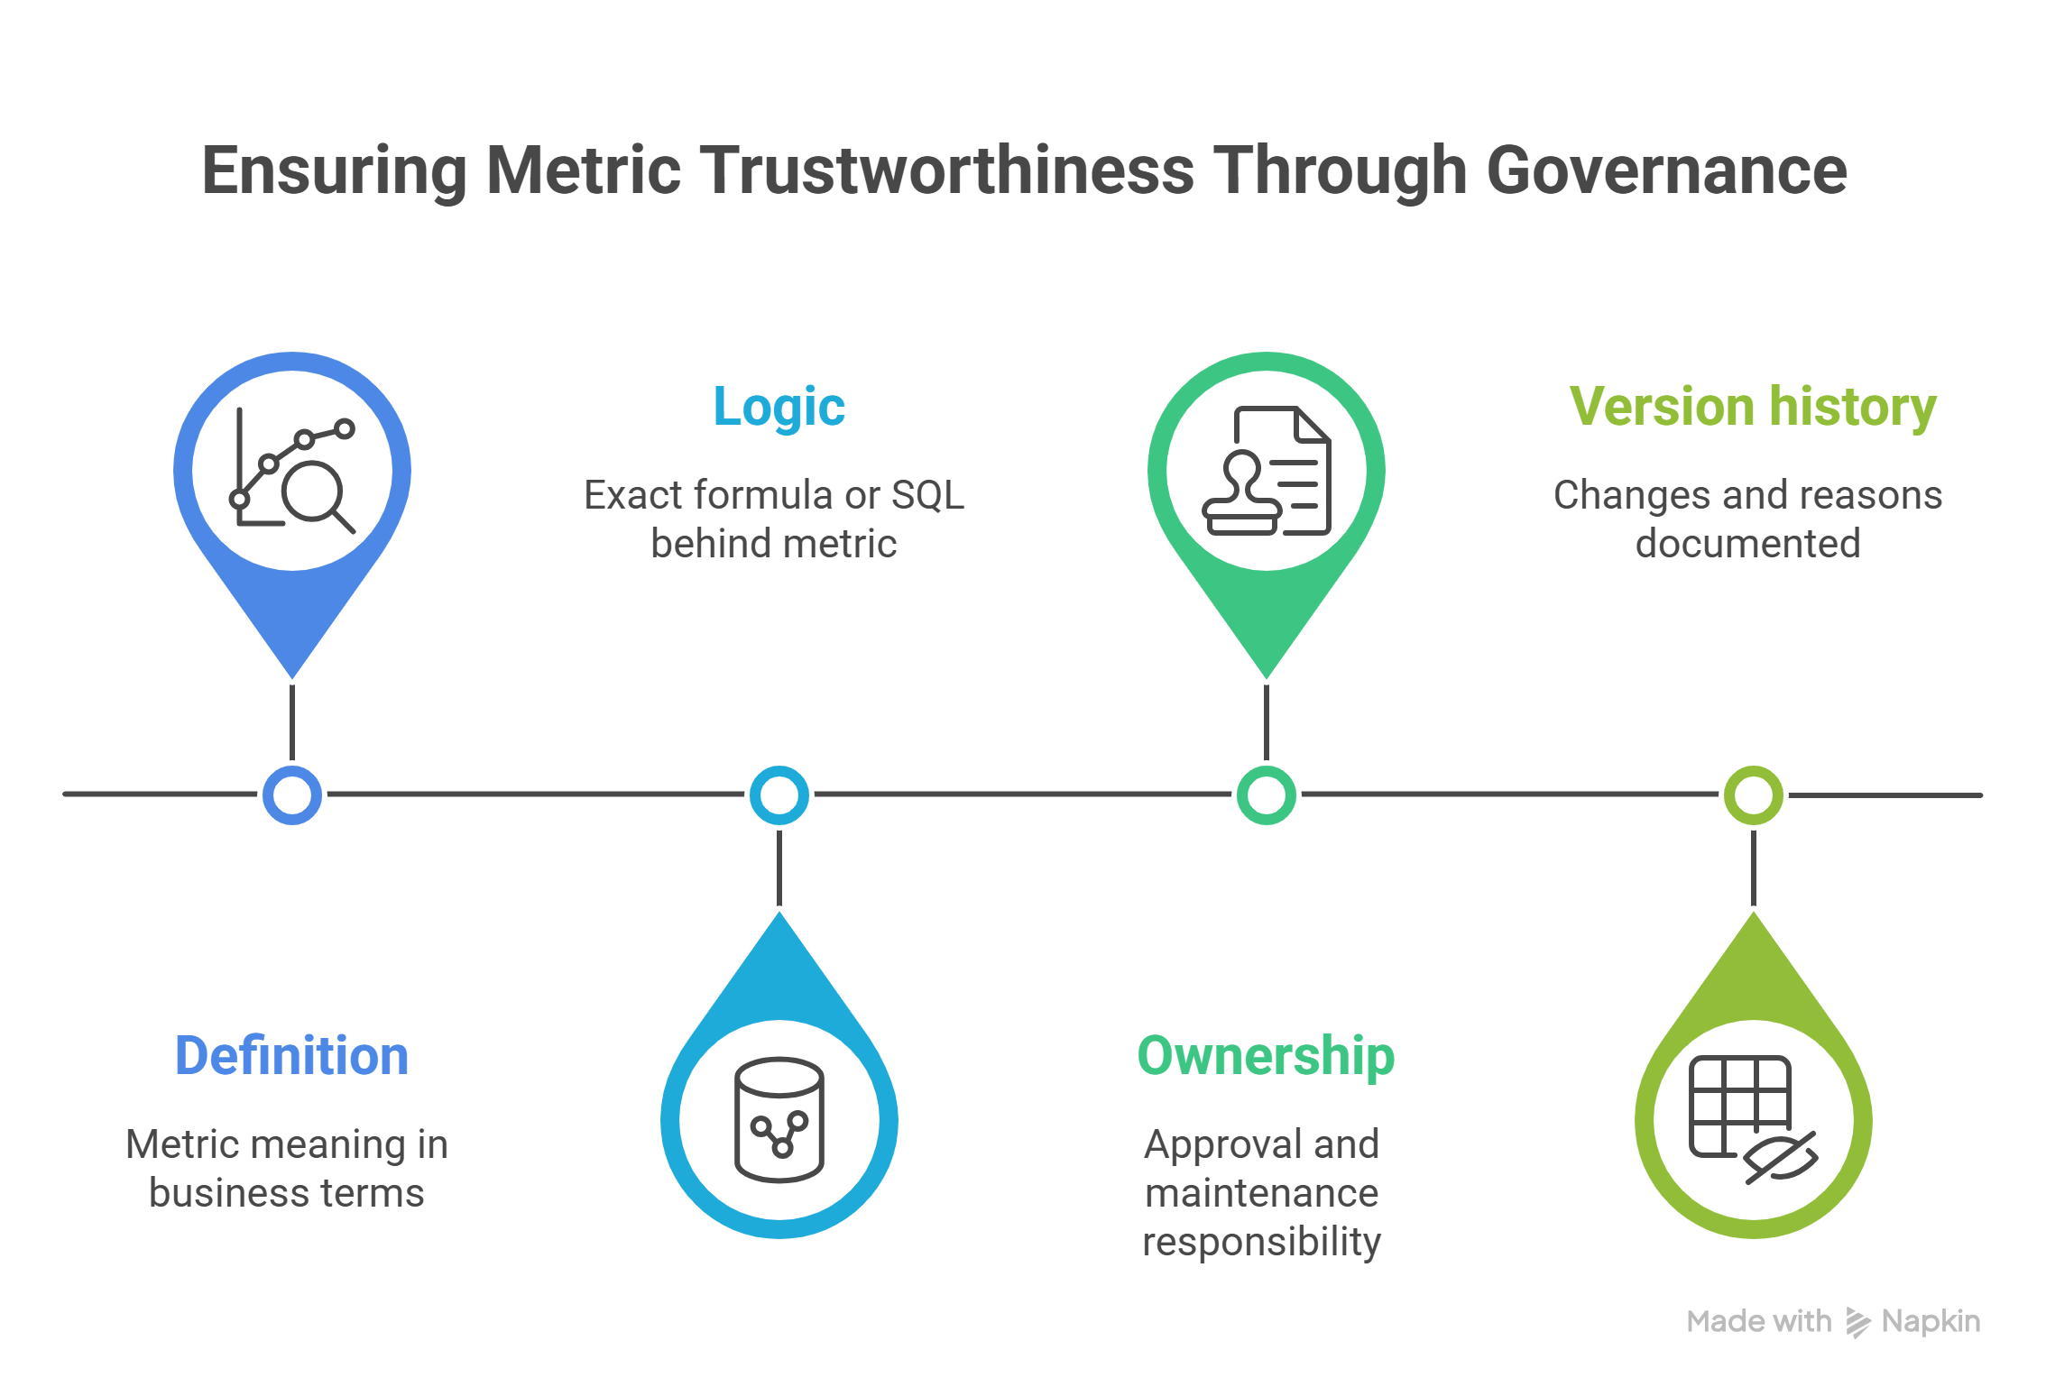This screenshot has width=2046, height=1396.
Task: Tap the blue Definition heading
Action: point(291,1056)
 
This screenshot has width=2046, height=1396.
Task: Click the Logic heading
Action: point(779,408)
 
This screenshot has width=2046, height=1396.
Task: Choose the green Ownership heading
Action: point(1265,1056)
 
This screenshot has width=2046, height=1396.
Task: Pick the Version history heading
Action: point(1752,408)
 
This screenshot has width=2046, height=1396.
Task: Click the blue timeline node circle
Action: point(291,795)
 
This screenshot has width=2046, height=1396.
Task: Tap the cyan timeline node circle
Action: point(779,795)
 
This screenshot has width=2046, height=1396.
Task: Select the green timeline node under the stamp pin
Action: point(1266,795)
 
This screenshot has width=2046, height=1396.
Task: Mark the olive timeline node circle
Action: point(1753,795)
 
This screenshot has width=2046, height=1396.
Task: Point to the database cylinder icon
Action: point(779,1120)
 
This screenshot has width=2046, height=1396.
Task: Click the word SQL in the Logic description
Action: point(927,495)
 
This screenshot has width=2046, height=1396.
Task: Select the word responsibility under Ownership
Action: point(1261,1242)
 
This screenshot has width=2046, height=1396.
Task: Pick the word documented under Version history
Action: point(1747,544)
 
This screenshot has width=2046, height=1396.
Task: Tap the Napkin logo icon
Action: point(1857,1322)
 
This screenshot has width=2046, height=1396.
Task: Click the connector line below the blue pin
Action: point(292,721)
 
